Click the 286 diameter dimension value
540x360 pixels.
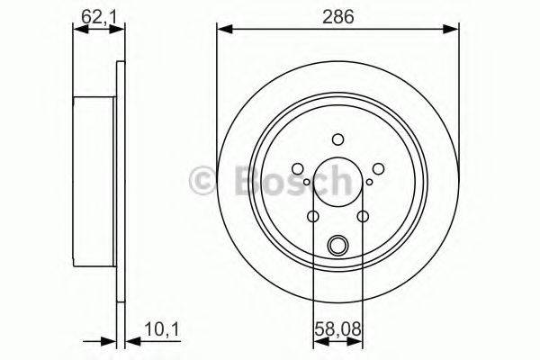[x=337, y=16]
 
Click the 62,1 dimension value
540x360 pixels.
[x=99, y=16]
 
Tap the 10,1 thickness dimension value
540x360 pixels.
[x=162, y=329]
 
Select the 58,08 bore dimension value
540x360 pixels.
[x=337, y=328]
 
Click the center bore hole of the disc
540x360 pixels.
[x=337, y=182]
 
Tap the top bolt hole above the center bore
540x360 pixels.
[x=337, y=139]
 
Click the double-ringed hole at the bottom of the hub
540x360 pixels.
[x=337, y=246]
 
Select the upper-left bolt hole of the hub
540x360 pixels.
[x=298, y=169]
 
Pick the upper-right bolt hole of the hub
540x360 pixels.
[x=378, y=169]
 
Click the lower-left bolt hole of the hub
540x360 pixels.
[x=312, y=217]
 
